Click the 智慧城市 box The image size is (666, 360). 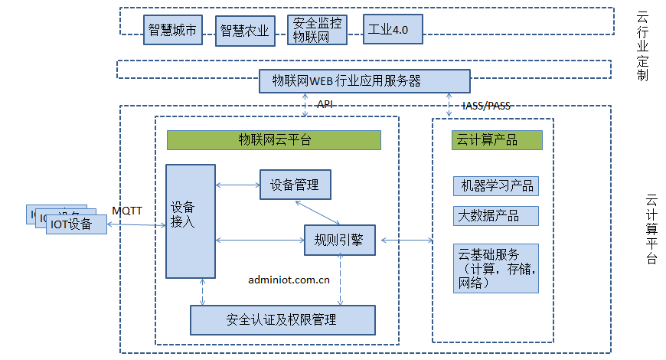tap(171, 30)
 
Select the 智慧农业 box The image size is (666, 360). tap(244, 30)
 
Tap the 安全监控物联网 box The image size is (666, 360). tap(317, 30)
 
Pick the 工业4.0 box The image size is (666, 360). tap(391, 30)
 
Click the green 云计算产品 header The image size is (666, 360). tap(497, 139)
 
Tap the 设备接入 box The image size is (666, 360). tap(190, 221)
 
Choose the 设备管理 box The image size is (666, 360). tap(295, 185)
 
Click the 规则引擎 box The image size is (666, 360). tap(339, 241)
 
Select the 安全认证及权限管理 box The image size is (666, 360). tap(282, 319)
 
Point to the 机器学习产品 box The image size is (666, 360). tap(495, 186)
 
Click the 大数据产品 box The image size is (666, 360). tap(495, 216)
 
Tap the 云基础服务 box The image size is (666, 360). tap(495, 268)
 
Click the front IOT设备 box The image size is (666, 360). tap(76, 224)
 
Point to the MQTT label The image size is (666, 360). tap(127, 211)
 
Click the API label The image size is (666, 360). tap(325, 104)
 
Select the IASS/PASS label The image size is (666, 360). tap(485, 106)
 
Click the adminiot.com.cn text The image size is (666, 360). tap(289, 280)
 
